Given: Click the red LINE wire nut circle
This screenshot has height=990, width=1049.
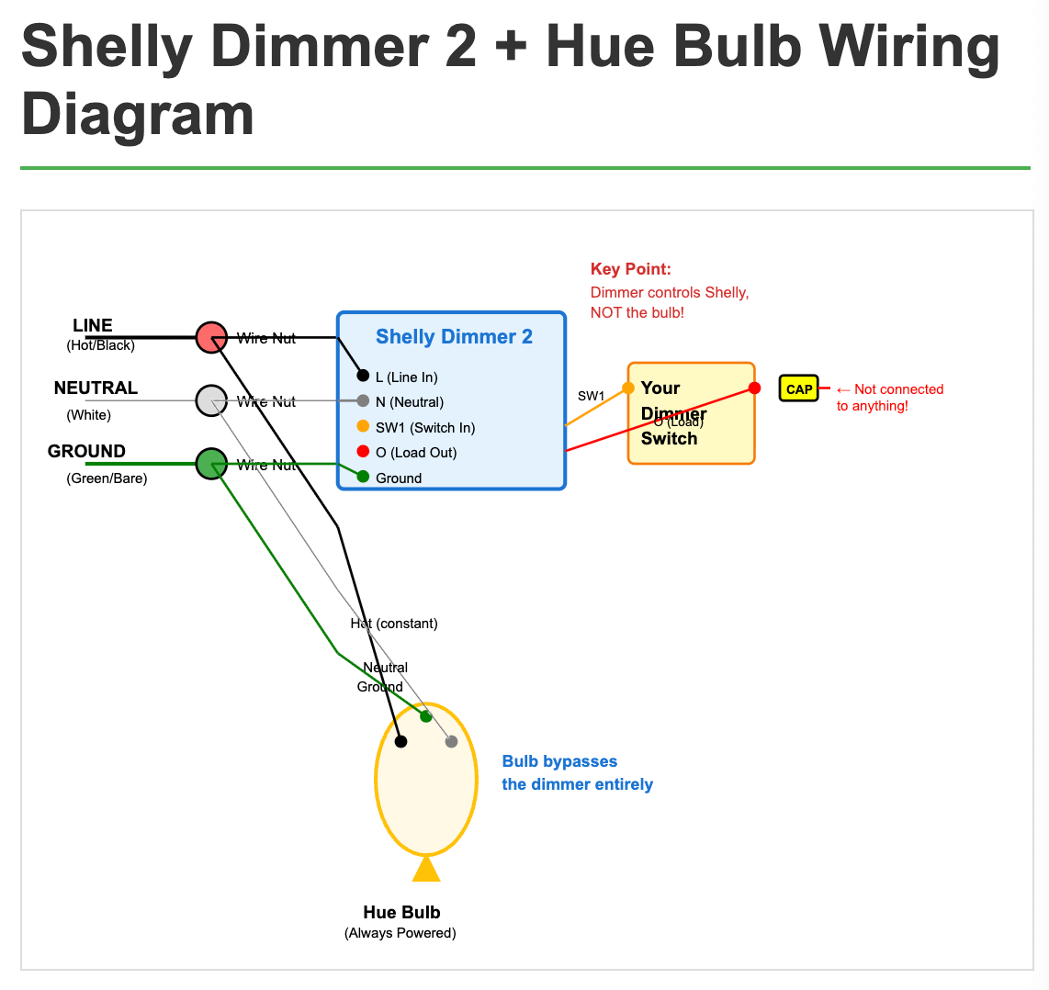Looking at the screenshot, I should pos(211,337).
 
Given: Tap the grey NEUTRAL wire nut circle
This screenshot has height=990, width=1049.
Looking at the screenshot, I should pos(211,400).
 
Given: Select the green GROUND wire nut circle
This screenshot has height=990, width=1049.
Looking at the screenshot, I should pos(211,463).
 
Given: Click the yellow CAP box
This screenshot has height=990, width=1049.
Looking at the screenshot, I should pos(798,388).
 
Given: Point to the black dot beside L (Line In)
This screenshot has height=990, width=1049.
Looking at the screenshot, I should pos(363,376).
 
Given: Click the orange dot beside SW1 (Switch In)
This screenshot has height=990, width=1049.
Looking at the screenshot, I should pos(363,426).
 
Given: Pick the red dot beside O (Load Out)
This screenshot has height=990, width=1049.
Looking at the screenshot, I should pos(363,451).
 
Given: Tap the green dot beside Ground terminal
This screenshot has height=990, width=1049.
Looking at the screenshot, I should pos(363,477).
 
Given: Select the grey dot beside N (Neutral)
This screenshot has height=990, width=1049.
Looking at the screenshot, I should pos(363,400).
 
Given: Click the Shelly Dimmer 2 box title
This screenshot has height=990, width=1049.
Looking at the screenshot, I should pos(454,337).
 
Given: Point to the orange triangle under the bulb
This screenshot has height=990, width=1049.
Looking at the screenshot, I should pos(426,869).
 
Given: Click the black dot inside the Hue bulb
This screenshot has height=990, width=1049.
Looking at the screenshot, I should pos(400,741).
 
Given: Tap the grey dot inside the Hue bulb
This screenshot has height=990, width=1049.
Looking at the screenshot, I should pos(451,741).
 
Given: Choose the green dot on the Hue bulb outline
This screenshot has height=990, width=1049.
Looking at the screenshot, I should pos(425,716).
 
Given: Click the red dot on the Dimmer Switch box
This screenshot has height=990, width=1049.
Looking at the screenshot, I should pos(754,388).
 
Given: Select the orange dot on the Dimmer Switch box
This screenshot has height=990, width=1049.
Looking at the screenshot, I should pos(628,388).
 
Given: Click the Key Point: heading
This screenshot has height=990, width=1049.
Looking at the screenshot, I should pos(630,269).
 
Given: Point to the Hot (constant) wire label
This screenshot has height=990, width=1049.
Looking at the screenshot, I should pos(394,624).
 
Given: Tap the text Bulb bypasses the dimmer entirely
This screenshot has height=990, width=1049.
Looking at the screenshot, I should pos(577,772).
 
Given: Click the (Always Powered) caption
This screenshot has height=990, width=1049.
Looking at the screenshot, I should pos(400,933).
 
